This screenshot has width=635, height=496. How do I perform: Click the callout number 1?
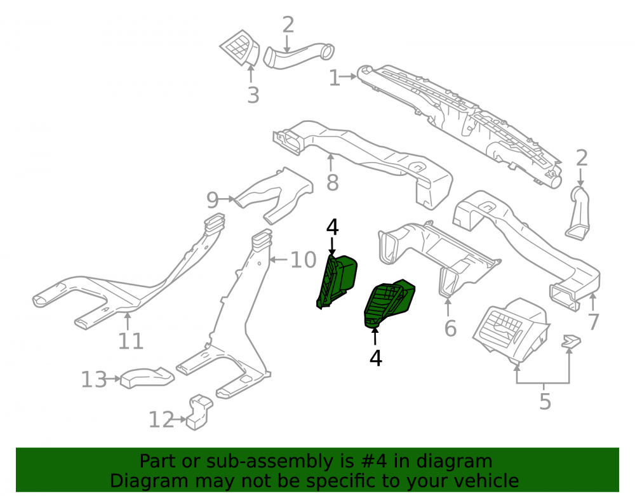(334, 77)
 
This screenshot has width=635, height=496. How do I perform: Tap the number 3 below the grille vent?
(253, 95)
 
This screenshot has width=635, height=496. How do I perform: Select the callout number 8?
(333, 183)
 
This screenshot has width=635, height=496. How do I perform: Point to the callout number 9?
(213, 199)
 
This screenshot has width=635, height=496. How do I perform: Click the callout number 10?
(304, 260)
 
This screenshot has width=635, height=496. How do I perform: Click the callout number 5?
(545, 401)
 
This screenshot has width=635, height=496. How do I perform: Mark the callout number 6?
(450, 328)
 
